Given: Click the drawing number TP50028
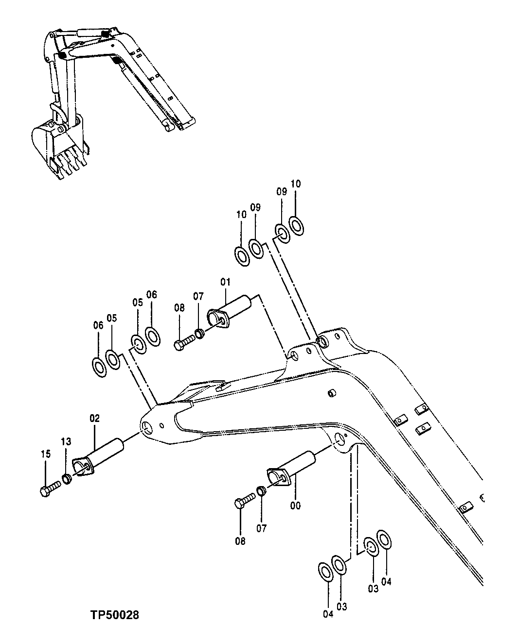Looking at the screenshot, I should point(114,615).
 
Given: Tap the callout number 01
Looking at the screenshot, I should point(225,282).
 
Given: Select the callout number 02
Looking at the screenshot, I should point(94,418).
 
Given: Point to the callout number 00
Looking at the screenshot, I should point(295,505).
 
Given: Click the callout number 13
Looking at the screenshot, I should point(66,441).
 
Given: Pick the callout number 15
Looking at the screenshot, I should point(46,454).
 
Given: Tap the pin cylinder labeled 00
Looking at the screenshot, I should point(295,466).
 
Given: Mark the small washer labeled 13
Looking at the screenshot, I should point(68,479).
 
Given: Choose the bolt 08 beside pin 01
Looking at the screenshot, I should point(183,343).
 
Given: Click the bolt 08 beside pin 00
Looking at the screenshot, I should point(245,500).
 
